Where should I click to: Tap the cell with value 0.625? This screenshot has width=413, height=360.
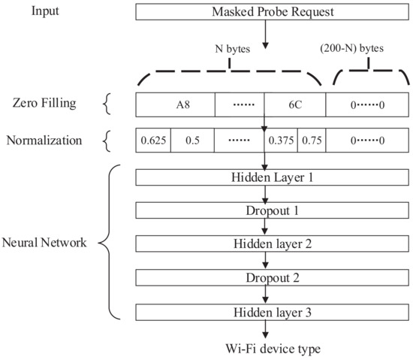153,140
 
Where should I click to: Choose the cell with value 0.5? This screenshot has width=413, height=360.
192,140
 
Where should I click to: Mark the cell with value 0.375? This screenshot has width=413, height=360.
282,140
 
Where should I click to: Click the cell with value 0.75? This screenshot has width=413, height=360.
312,140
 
